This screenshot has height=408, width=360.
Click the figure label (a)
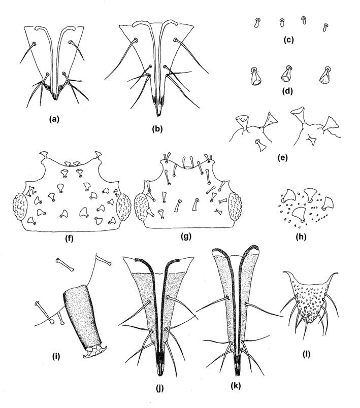tap(53, 120)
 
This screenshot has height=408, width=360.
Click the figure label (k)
tap(237, 385)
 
